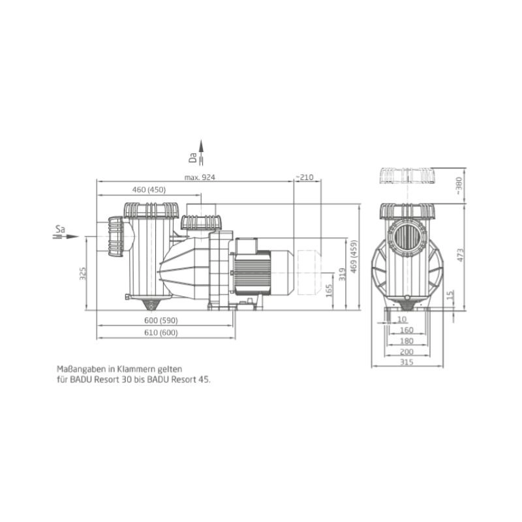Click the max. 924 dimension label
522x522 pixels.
coord(200,177)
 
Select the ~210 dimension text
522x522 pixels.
coord(304,177)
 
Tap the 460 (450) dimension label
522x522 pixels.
coord(149,190)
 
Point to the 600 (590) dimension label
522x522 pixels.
coord(161,320)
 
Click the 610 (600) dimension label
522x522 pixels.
coord(161,333)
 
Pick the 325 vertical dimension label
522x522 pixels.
coord(83,273)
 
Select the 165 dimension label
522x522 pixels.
coord(329,290)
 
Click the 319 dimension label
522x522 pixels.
coord(342,274)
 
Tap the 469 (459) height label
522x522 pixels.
coord(354,256)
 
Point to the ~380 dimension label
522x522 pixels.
coord(459,186)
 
